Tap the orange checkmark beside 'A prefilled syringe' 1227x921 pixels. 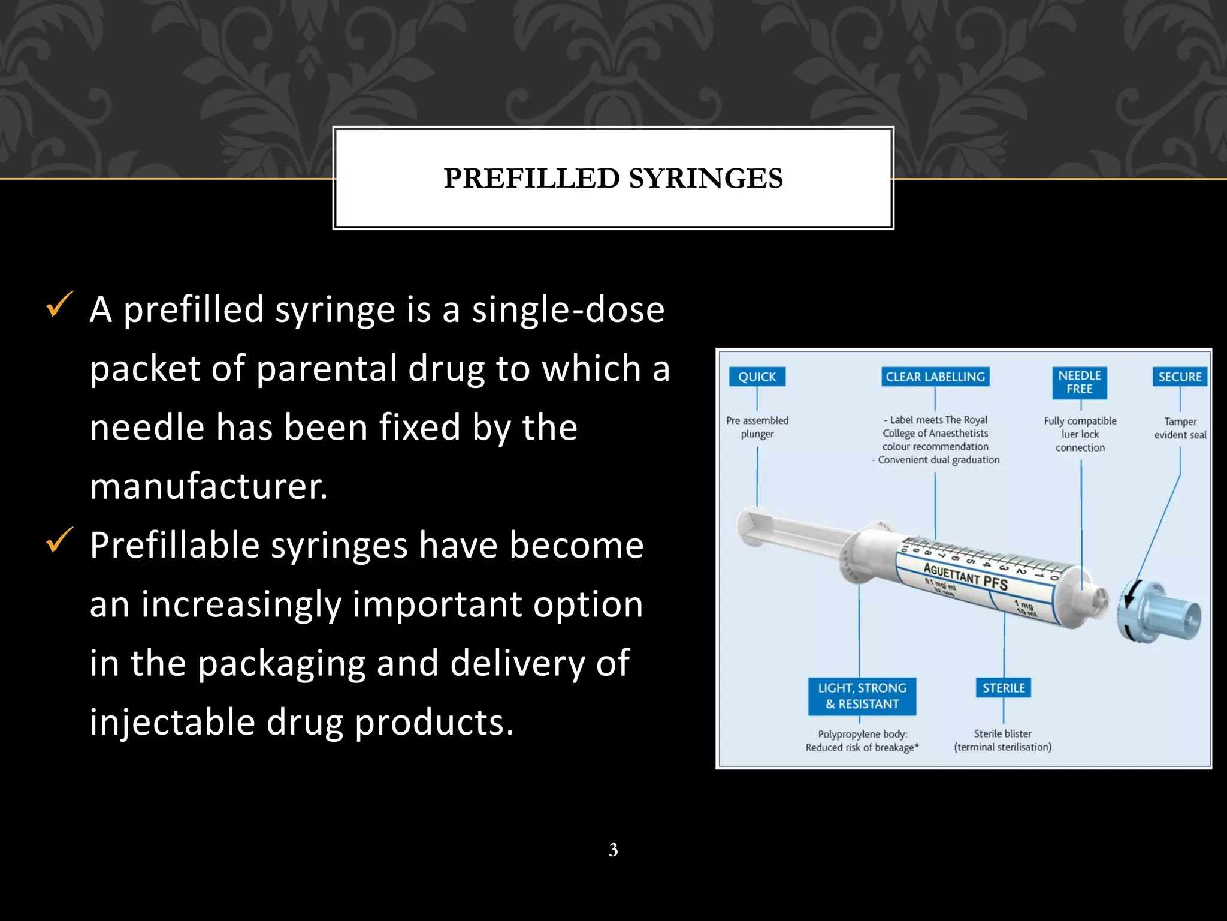60,304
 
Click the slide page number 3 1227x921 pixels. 613,850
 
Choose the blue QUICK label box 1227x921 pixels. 757,377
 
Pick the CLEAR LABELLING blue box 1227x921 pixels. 935,377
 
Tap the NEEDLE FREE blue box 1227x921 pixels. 1080,383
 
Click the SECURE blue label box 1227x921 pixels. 1179,377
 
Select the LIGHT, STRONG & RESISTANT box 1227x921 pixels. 862,696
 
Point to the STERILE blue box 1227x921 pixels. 1004,688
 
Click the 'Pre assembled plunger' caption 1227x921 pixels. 757,427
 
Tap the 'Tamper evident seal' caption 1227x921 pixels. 1180,428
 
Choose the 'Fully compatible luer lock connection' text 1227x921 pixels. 1080,434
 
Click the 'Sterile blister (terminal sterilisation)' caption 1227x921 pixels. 1003,740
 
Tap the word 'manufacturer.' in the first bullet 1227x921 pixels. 208,486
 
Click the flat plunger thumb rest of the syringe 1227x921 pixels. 749,526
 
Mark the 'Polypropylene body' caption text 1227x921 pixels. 863,734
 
